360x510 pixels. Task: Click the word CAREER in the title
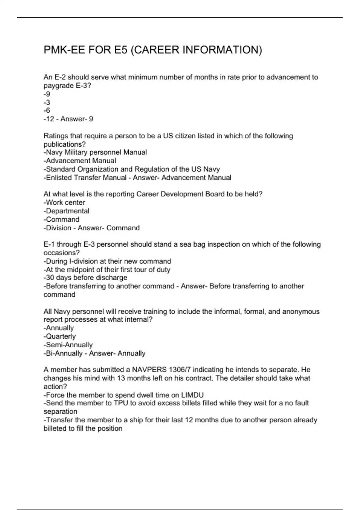155,50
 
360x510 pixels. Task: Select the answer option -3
47,102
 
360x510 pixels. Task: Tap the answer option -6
47,110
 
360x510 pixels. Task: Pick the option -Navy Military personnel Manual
95,152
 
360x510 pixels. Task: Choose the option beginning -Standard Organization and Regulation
132,169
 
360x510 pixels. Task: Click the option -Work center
64,202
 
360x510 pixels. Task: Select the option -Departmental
66,211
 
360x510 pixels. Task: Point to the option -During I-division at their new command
107,261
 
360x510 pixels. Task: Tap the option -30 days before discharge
85,278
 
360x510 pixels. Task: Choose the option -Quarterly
59,336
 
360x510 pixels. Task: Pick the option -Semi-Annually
68,345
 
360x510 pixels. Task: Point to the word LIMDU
192,395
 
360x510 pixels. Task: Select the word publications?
65,144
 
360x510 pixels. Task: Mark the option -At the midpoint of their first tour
107,270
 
